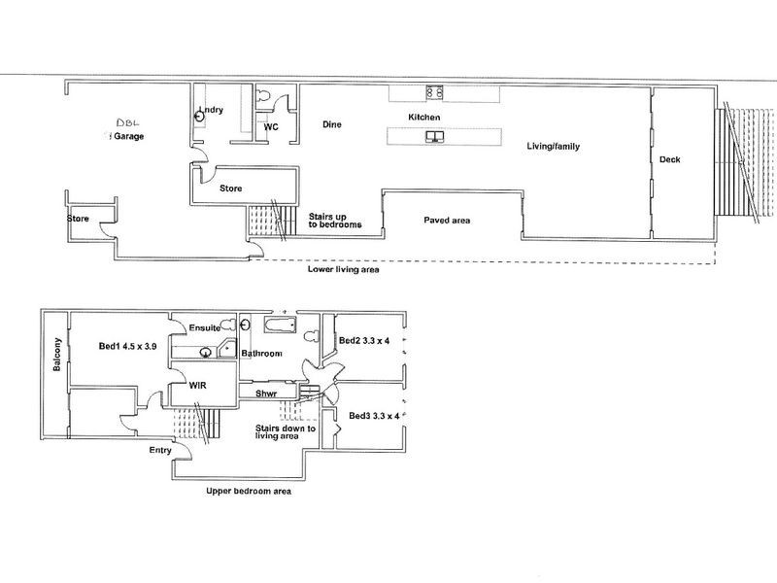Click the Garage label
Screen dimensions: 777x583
129,136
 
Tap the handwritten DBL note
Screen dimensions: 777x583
128,122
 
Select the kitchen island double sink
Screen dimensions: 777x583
434,136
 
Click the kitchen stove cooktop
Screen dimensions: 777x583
435,92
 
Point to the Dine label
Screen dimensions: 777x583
332,124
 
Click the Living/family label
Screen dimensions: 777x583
553,147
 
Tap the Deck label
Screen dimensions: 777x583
669,159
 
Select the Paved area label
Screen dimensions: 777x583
447,221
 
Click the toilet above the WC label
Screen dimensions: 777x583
263,94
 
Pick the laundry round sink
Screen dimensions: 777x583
199,117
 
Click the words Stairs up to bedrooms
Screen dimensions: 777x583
335,221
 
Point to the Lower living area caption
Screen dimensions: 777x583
344,269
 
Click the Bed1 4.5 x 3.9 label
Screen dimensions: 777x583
128,346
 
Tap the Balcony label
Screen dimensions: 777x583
57,355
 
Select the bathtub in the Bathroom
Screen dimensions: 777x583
280,326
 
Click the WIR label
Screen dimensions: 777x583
198,385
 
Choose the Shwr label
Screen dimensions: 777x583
266,394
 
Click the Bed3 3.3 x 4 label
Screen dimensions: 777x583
374,416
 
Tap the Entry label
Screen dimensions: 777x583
160,450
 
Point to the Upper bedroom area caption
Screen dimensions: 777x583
249,492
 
